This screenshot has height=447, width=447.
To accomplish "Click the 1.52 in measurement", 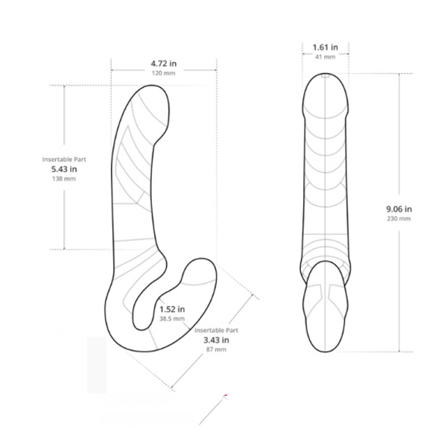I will point(173,308).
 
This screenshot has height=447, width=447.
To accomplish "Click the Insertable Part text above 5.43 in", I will point(60,158).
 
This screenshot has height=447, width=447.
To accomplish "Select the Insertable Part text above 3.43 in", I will point(216,329).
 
